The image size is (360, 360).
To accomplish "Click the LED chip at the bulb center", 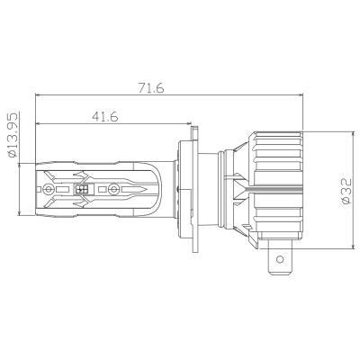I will tap(84, 190).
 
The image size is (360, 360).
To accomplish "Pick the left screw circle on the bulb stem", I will tap(47, 190).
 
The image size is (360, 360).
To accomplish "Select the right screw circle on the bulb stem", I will tap(112, 190).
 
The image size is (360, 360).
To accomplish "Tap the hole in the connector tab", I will tap(283, 264).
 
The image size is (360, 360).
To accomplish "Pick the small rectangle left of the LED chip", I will tap(65, 190).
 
